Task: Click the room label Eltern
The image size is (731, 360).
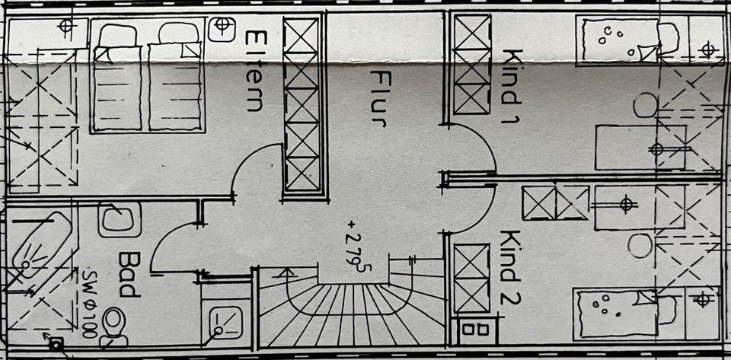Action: [254, 71]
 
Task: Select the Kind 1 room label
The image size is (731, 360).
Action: [512, 86]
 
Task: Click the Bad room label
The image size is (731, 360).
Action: [129, 274]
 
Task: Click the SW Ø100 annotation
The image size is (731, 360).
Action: [90, 303]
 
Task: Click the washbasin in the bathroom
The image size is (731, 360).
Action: [120, 219]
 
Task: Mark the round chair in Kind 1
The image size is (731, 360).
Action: [645, 105]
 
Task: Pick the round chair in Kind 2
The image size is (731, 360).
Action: [640, 245]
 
